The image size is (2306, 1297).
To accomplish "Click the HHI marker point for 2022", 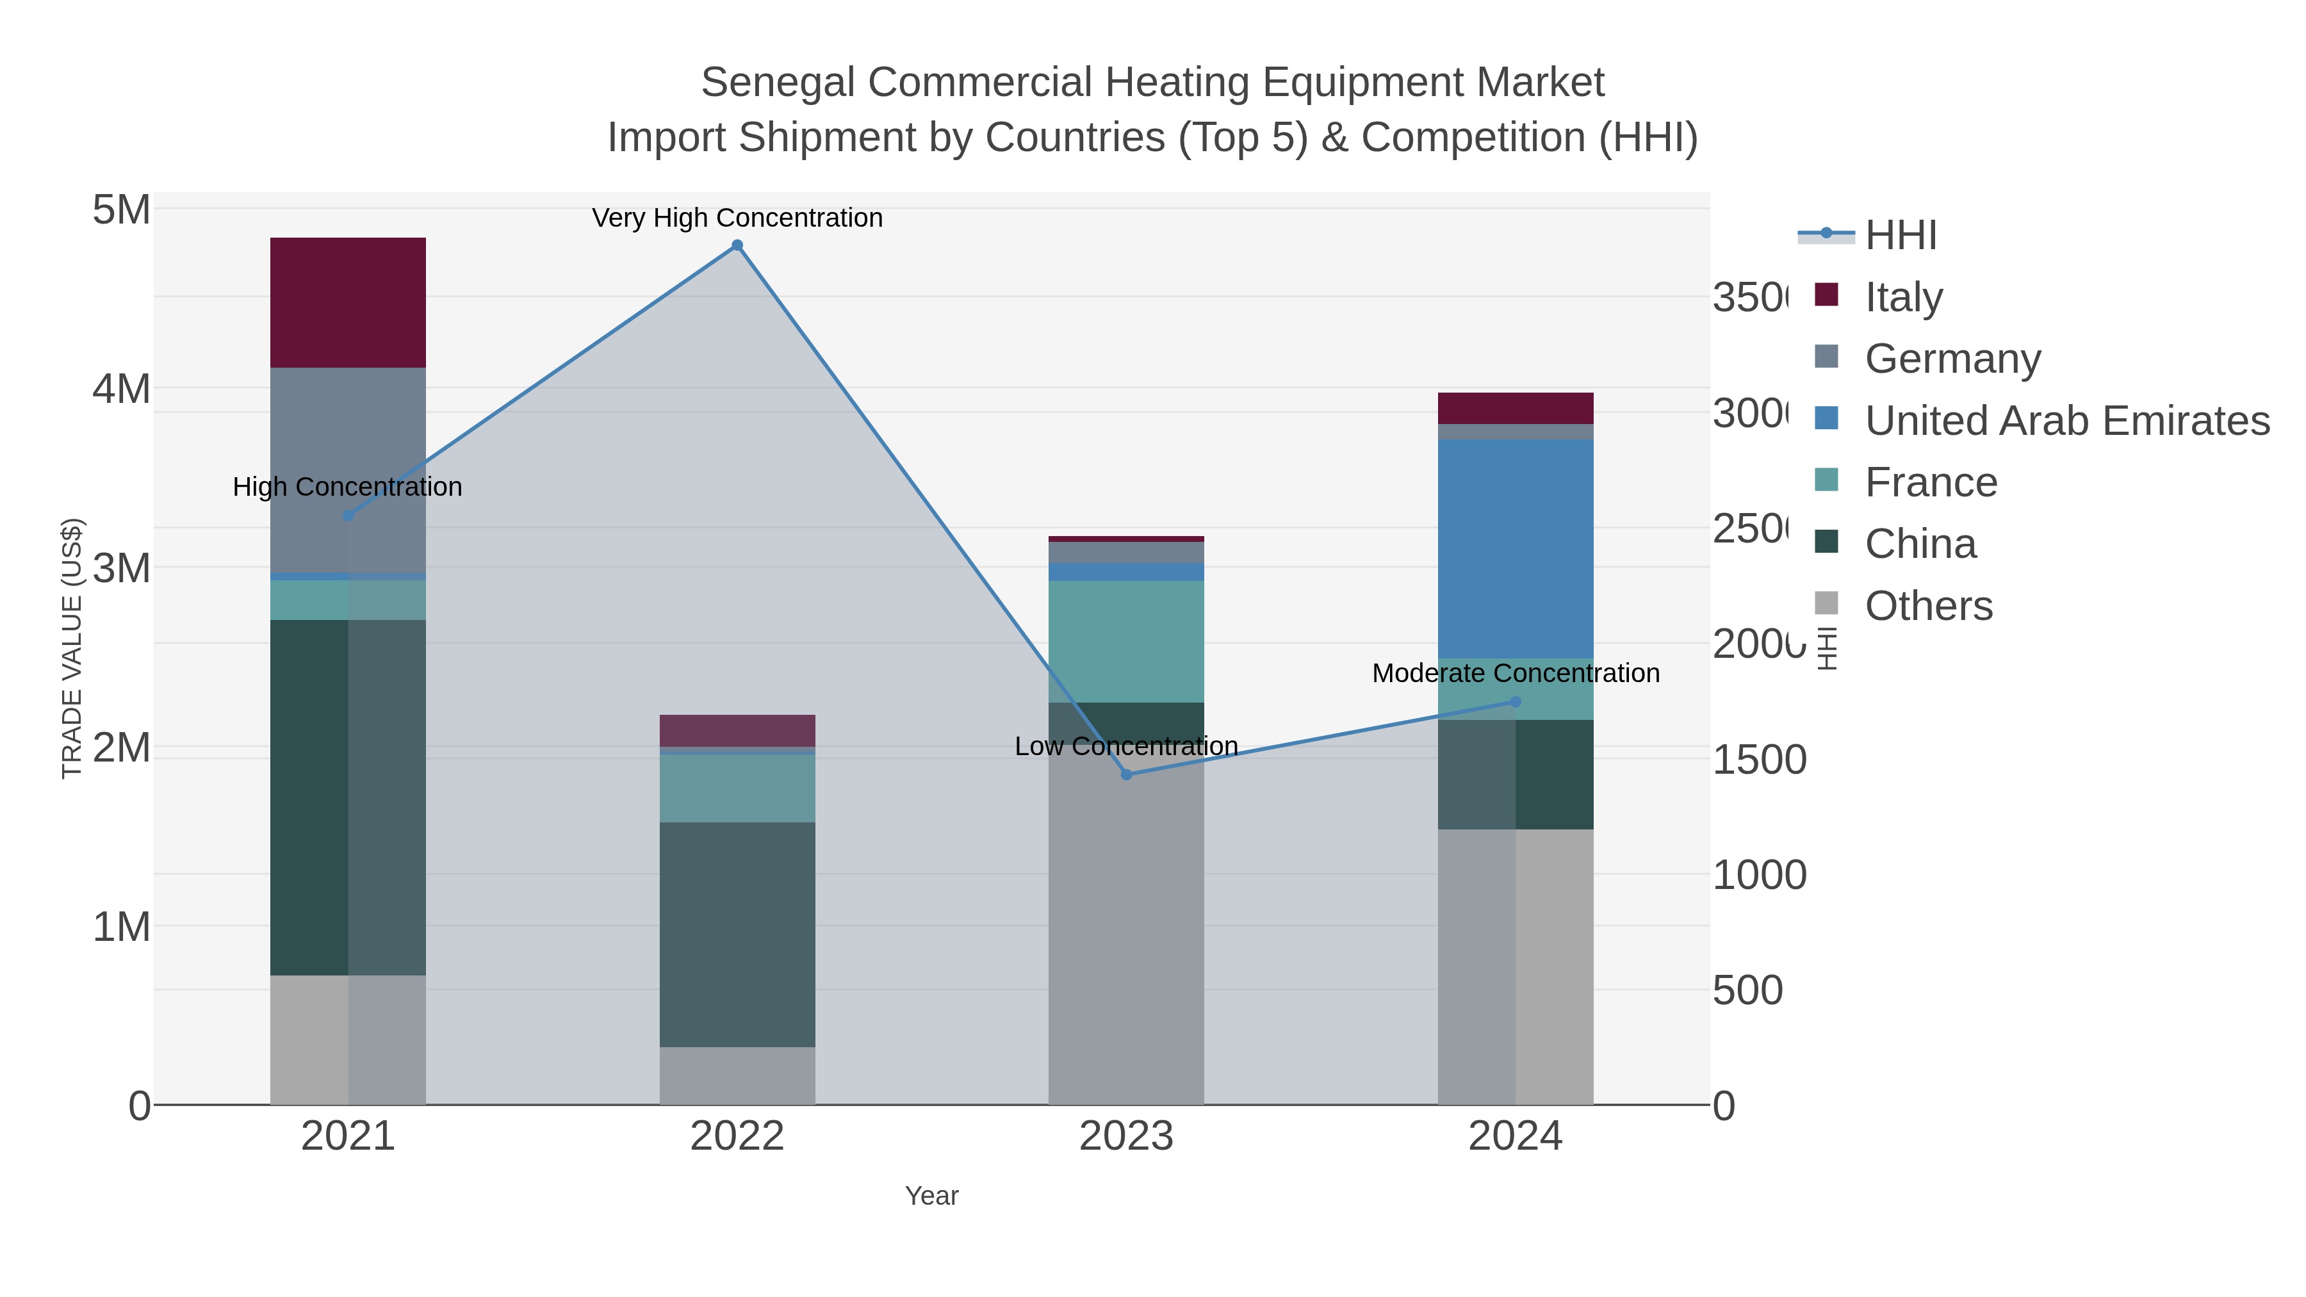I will (x=737, y=245).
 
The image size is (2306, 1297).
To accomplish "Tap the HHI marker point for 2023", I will (x=1126, y=774).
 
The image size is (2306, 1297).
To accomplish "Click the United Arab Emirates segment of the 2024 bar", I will (x=1515, y=549).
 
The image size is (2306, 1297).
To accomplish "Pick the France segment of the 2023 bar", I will (x=1126, y=641).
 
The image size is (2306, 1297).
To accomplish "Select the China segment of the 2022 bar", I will (x=737, y=934).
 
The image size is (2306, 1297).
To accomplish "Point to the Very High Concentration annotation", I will (x=737, y=218).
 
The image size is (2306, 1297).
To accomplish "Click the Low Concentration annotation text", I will (x=1126, y=746).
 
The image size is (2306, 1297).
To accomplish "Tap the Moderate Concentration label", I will (x=1515, y=673).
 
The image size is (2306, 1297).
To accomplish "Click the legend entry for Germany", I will (x=1952, y=358).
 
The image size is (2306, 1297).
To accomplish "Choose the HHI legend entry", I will (x=1900, y=236).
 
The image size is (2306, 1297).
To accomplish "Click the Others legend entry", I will (x=1927, y=606).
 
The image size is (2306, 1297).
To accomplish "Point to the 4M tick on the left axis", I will (x=121, y=389).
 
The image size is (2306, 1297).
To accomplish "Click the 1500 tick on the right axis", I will (x=1759, y=760).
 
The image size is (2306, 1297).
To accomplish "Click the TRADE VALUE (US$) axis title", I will (x=72, y=648).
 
